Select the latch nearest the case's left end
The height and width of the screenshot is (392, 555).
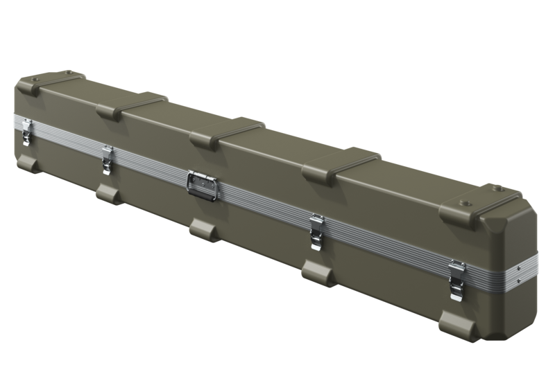point(27,131)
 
